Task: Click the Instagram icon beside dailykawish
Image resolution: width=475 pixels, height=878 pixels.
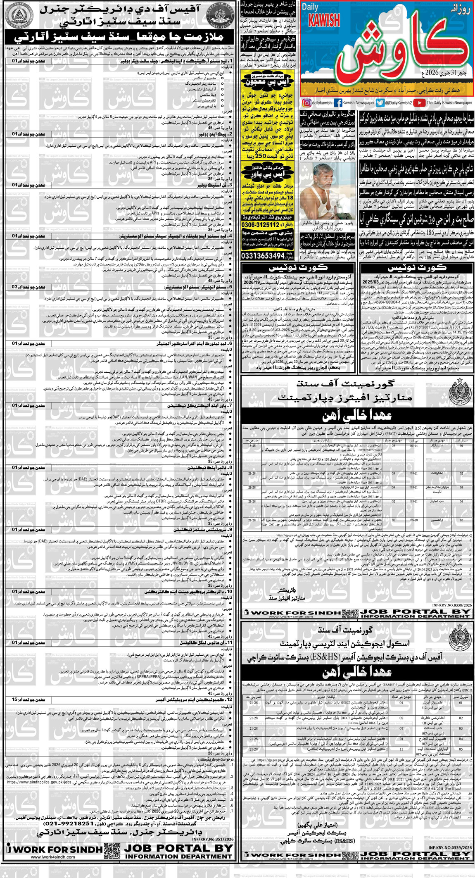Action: (x=306, y=103)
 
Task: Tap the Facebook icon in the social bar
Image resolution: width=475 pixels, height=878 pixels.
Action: (x=337, y=103)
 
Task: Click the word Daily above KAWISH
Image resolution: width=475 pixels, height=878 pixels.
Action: (x=310, y=7)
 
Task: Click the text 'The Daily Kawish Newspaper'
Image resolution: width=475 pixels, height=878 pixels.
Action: (x=449, y=103)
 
